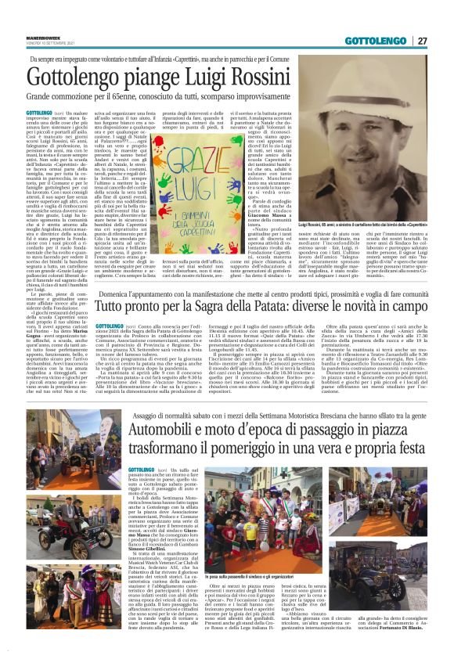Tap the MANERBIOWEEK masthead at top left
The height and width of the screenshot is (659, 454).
(x=45, y=37)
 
